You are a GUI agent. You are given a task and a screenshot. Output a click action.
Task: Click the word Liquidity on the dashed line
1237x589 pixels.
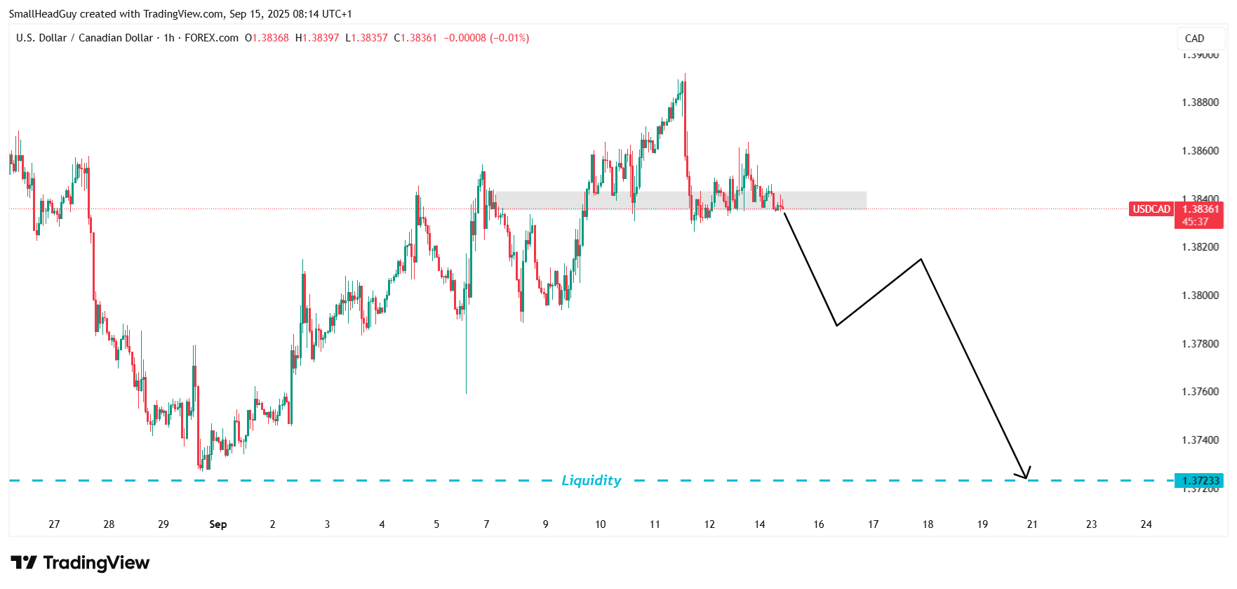(591, 480)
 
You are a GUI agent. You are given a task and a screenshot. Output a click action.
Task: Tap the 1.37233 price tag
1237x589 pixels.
(1201, 481)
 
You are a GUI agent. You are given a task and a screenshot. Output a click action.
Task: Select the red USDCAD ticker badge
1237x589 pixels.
(1151, 209)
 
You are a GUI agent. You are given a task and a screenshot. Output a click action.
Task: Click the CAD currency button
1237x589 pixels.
(1194, 39)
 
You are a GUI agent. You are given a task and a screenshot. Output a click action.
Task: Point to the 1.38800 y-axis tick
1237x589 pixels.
(1200, 102)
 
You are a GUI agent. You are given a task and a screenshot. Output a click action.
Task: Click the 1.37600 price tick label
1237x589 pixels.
(1200, 392)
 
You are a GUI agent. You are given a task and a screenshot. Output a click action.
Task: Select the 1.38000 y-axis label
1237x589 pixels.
(1200, 296)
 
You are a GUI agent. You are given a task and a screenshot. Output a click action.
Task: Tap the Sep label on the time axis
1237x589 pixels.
(218, 524)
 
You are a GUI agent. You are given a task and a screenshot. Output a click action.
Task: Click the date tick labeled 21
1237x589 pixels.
(1032, 524)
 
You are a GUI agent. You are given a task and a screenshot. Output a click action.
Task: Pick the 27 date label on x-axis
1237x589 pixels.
(54, 524)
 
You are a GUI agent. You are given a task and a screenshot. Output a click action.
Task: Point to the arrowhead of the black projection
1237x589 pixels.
(1027, 476)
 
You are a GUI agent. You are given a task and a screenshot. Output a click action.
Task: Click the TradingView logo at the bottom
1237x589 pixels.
(80, 563)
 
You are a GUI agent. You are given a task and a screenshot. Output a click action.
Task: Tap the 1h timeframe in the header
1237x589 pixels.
(169, 38)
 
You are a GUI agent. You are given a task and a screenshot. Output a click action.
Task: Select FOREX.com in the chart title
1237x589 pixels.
(211, 38)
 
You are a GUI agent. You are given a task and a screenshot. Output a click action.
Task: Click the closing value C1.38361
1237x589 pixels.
(415, 38)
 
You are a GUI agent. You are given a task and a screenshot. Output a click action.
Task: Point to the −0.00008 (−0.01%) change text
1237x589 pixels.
(486, 38)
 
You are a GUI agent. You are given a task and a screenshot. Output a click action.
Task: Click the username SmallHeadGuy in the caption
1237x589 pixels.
(43, 14)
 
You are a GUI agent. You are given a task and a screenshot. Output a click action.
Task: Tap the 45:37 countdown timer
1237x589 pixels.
(1195, 222)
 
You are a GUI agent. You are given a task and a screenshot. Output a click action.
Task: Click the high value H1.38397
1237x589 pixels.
(317, 38)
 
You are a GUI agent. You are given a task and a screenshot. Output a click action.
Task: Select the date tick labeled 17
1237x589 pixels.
(873, 524)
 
